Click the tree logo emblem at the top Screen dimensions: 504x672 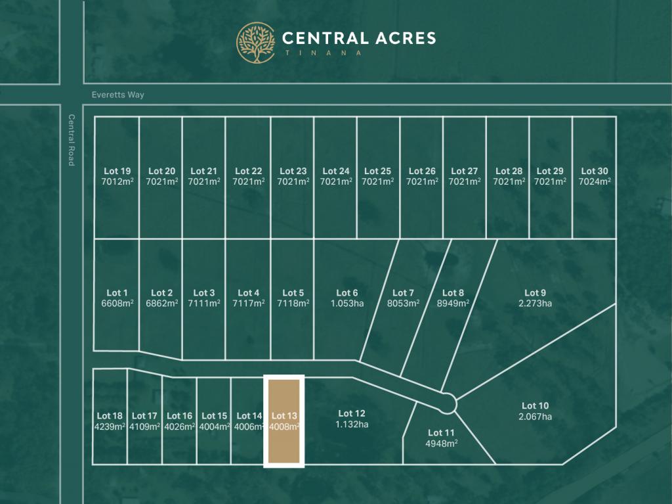click(256, 43)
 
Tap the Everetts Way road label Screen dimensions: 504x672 click(117, 95)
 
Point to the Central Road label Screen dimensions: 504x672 click(72, 140)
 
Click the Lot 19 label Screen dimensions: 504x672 click(117, 172)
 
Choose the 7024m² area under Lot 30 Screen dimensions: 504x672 click(594, 182)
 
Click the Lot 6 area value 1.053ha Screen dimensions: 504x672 click(347, 304)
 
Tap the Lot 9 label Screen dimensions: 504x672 click(535, 293)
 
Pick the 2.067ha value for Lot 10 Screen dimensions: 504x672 click(535, 417)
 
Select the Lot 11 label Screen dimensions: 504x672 click(441, 432)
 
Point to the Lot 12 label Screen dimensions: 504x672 click(352, 413)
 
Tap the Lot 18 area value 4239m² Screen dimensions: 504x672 click(110, 426)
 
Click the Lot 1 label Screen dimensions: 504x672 click(117, 293)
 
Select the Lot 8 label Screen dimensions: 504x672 click(453, 293)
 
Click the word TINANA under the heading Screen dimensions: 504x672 click(322, 53)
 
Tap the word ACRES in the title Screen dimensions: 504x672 click(400, 38)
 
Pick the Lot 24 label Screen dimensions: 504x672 click(336, 172)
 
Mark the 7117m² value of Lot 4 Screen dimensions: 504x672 click(249, 304)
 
